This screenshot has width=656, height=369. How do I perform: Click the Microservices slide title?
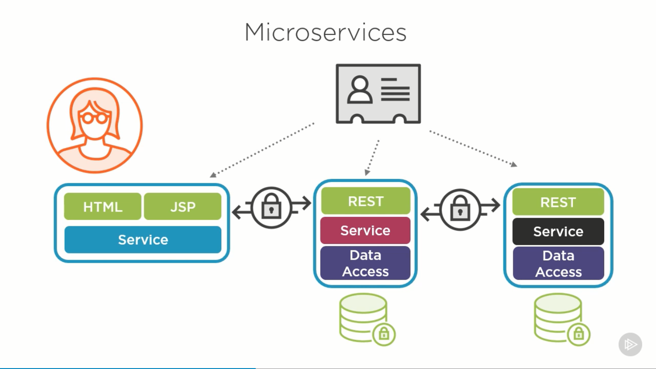click(x=325, y=33)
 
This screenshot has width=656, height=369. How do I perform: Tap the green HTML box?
click(x=103, y=207)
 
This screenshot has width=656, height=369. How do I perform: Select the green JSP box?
click(x=183, y=207)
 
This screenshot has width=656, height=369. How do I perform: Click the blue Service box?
click(x=143, y=240)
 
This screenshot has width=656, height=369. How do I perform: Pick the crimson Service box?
click(x=365, y=231)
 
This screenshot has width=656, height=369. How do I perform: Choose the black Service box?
click(x=558, y=232)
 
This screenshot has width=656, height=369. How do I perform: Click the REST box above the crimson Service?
click(x=365, y=201)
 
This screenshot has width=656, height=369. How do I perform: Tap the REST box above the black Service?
click(x=558, y=202)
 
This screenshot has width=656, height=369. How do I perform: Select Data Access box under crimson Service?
click(x=365, y=263)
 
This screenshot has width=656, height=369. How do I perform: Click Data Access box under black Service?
click(x=558, y=264)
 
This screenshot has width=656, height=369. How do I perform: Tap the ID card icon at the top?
click(x=378, y=94)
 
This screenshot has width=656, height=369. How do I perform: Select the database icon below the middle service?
click(x=363, y=317)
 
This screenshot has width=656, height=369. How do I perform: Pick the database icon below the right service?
click(x=558, y=317)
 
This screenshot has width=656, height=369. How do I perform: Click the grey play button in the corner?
click(x=630, y=344)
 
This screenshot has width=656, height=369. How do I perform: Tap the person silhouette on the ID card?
click(x=360, y=90)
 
